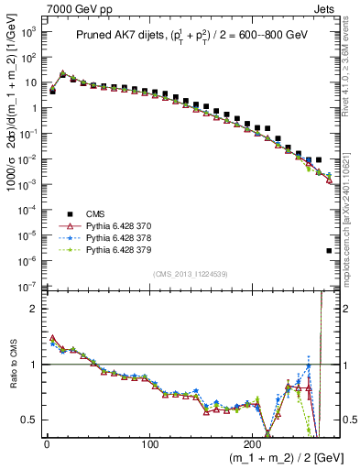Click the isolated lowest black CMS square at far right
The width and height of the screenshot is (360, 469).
click(x=329, y=250)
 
